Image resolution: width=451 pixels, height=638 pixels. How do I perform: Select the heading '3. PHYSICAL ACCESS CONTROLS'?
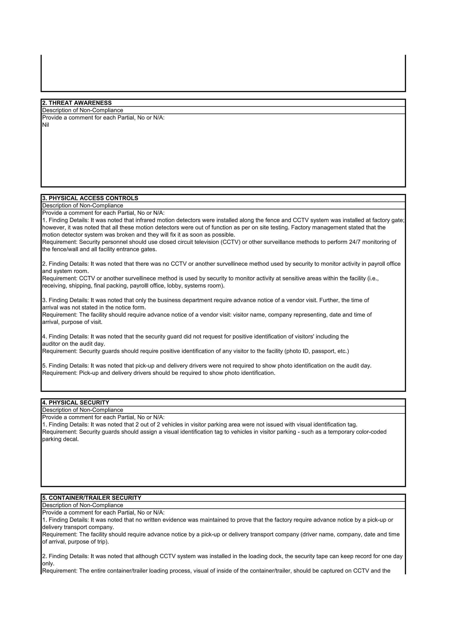90,198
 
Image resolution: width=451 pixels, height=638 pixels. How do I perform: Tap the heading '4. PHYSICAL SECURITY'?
76,403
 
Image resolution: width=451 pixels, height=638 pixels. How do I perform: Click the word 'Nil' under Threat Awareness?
45,125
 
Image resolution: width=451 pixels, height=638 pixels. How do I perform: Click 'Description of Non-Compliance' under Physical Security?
83,410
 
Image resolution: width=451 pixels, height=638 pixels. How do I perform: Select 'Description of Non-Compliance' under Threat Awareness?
83,110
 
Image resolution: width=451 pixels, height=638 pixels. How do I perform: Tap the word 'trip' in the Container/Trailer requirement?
101,542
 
